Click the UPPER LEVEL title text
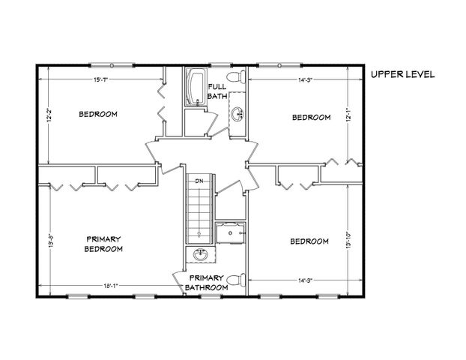point(402,74)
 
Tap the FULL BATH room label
point(217,91)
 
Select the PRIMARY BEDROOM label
point(103,244)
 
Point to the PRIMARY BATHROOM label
point(204,282)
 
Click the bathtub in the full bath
point(196,88)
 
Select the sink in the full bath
point(237,114)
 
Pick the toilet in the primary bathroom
point(235,280)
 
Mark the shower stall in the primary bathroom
point(230,235)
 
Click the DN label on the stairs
point(199,181)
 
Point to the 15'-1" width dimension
point(102,79)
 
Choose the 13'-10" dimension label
point(349,240)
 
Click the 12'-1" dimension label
point(349,116)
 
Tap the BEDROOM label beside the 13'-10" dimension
point(309,241)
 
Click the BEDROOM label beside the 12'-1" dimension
point(311,117)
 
